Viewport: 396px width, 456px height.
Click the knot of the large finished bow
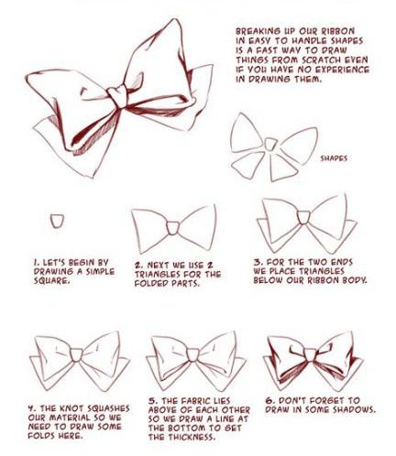click(x=117, y=96)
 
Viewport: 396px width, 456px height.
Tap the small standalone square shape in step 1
click(x=58, y=221)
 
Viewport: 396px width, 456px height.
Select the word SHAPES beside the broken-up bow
click(x=334, y=158)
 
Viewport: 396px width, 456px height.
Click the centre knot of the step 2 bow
click(x=172, y=228)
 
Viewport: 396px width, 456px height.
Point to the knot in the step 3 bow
click(x=303, y=217)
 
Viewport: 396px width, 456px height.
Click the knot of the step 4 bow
click(x=76, y=354)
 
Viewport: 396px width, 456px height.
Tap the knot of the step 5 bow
click(x=192, y=354)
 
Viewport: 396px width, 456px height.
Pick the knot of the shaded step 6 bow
click(x=310, y=355)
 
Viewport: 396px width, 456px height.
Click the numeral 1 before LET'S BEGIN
click(x=36, y=263)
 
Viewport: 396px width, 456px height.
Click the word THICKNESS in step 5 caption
click(x=182, y=437)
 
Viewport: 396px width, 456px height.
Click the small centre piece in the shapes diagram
click(x=270, y=144)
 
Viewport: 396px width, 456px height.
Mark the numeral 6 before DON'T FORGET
click(x=269, y=400)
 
